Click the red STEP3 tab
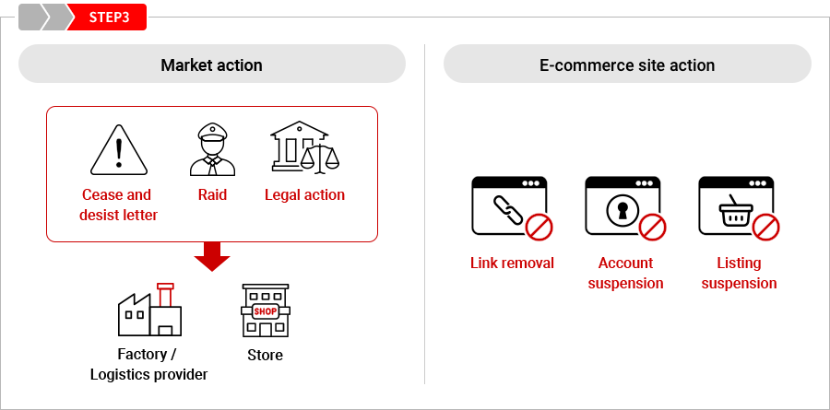pos(109,18)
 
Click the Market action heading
pos(211,65)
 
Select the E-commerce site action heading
pos(627,65)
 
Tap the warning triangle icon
pos(119,149)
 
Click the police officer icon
pos(212,149)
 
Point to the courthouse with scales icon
pos(304,148)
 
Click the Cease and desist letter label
pos(119,205)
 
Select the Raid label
pos(212,194)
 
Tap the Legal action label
pos(304,194)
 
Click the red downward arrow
pos(212,257)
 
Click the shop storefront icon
pos(265,310)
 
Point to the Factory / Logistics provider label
pos(148,364)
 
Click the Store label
pos(265,355)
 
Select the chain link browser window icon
pos(512,208)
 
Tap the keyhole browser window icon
pos(625,208)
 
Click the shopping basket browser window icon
pos(739,208)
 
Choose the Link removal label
pos(512,263)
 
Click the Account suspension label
pos(625,273)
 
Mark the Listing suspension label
pos(739,273)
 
